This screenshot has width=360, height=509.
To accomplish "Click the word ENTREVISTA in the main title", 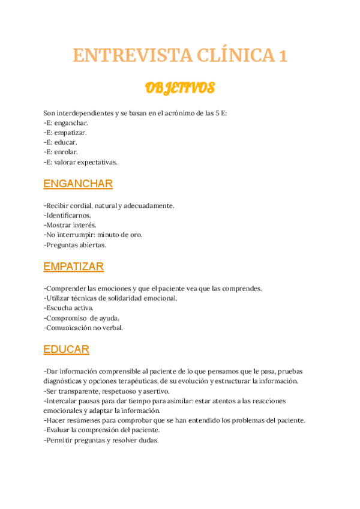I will (132, 56).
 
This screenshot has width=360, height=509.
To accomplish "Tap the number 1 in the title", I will (282, 56).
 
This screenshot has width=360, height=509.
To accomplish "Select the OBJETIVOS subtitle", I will (180, 89).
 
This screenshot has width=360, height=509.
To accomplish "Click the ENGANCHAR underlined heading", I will (78, 184).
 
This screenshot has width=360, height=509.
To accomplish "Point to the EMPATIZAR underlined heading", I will (74, 267).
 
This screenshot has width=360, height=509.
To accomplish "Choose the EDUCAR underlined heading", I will (67, 349).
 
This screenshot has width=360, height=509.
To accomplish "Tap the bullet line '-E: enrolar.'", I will (61, 152).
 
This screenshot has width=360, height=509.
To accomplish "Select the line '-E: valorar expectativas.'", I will (80, 162).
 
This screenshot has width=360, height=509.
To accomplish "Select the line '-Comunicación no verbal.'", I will (83, 328).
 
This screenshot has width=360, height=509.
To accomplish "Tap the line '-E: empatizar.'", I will (65, 132).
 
